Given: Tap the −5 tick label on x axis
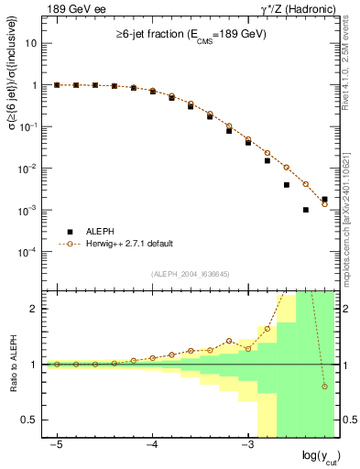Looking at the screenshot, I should point(57,444).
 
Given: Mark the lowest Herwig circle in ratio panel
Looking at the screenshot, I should point(325,387).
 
